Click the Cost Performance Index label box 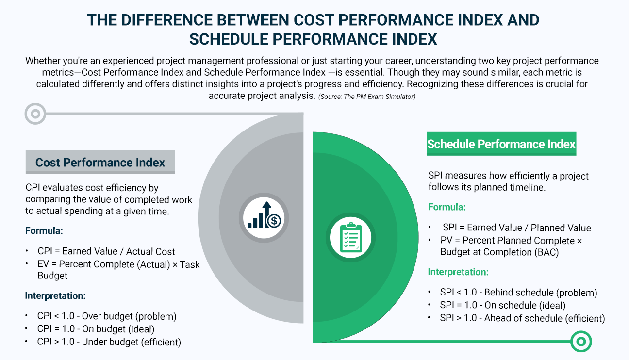pos(100,163)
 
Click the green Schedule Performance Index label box pos(501,144)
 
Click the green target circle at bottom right pos(580,341)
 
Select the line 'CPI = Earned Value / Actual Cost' pos(106,251)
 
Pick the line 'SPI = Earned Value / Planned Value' pos(516,228)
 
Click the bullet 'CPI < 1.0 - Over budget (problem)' pos(107,316)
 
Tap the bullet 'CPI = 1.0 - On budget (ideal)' pos(99,329)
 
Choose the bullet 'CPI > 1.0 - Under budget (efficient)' pos(109,342)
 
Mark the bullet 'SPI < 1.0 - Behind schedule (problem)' pos(518,293)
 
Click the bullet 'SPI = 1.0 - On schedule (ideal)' pos(502,305)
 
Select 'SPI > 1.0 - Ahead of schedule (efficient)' pos(522,318)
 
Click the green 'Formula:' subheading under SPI pos(447,207)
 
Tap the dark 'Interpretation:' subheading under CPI pos(55,295)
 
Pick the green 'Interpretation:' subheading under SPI pos(458,272)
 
